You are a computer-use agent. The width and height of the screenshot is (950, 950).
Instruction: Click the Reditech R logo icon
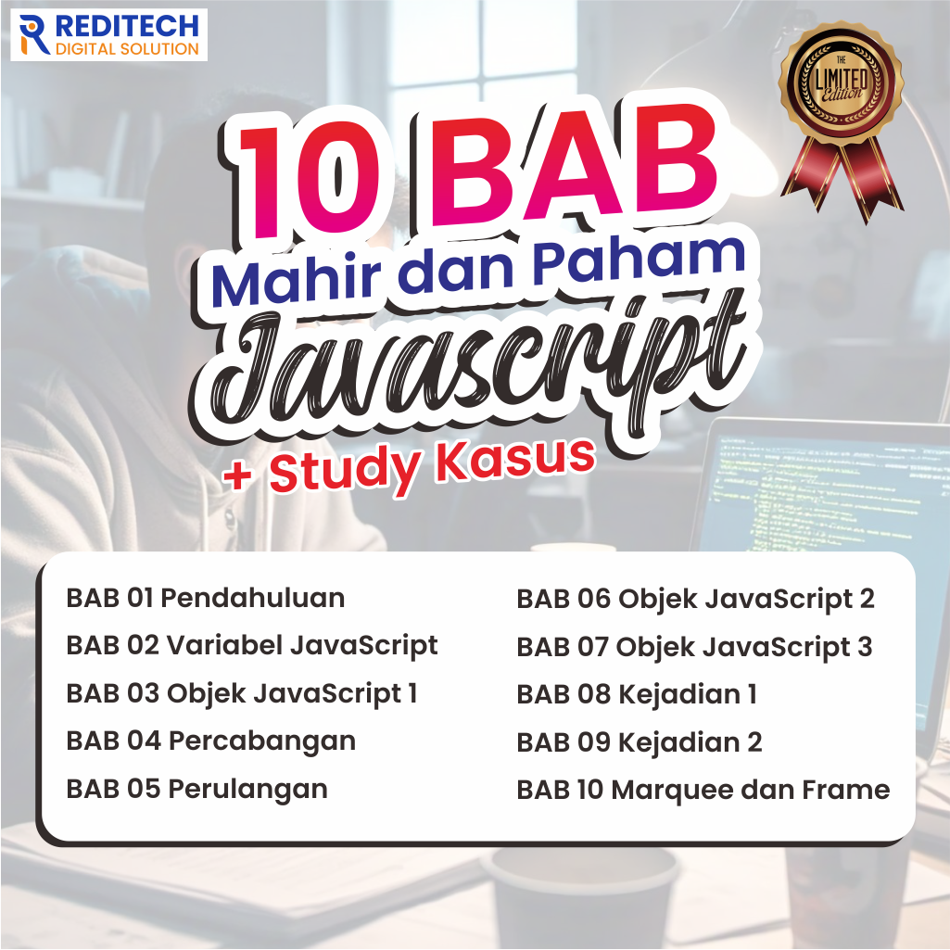tap(35, 33)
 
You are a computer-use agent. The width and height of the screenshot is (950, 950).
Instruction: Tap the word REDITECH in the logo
tap(126, 25)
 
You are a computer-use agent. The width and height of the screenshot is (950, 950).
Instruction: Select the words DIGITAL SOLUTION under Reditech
tap(127, 48)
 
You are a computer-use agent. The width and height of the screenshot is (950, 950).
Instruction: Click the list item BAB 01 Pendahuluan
tap(205, 598)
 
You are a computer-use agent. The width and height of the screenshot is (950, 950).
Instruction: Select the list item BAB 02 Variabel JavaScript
tap(251, 645)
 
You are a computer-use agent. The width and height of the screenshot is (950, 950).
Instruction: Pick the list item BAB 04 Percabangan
tap(210, 741)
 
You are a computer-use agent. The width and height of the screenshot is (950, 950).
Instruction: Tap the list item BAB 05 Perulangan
tap(196, 789)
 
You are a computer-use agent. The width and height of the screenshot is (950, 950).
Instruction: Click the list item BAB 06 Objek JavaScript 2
tap(695, 599)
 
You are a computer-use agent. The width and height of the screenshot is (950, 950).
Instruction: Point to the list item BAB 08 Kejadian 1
tap(637, 694)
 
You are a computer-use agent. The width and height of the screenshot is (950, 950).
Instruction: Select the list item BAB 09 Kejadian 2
tap(640, 742)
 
